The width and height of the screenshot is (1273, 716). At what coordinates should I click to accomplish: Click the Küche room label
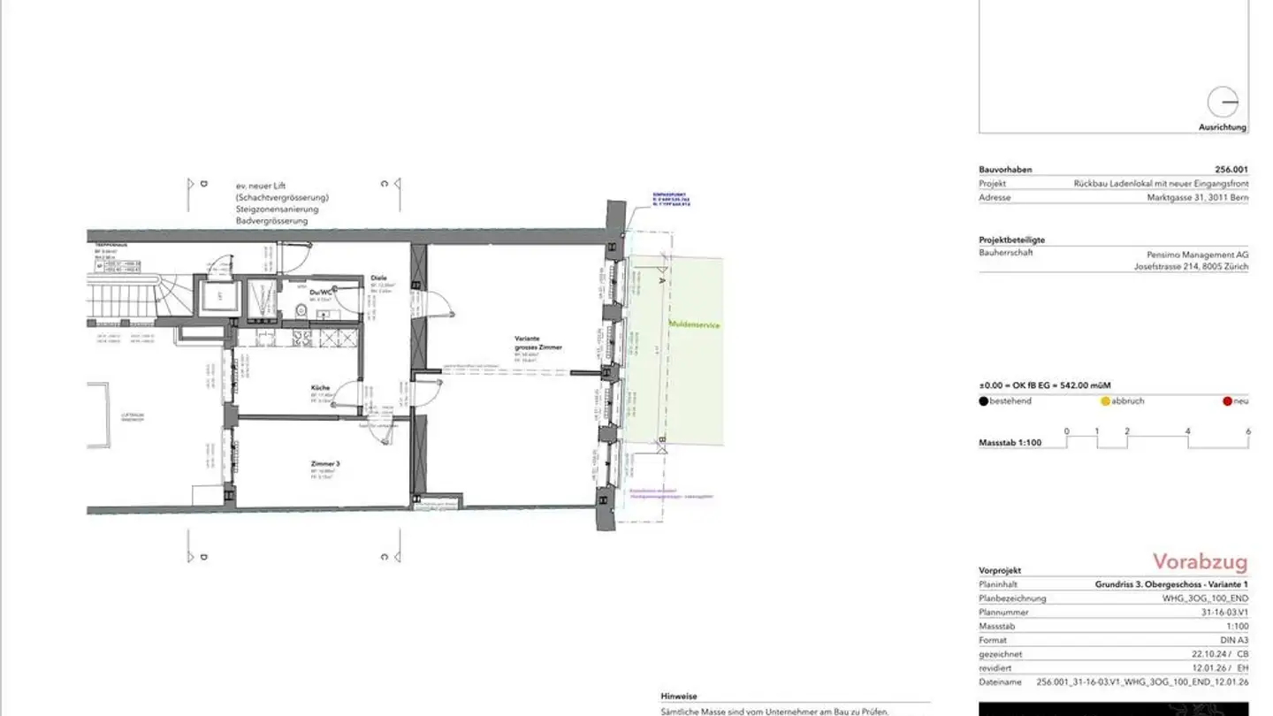click(320, 388)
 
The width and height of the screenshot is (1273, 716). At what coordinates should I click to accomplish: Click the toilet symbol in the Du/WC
click(301, 309)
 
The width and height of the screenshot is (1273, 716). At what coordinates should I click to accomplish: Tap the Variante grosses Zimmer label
click(538, 343)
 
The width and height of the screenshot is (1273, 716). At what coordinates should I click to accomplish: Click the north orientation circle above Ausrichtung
click(1223, 103)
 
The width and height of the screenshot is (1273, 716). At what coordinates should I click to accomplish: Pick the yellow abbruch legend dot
click(1105, 401)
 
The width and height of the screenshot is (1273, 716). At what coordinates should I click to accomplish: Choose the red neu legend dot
click(1227, 401)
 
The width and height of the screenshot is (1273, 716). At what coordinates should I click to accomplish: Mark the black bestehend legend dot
click(984, 401)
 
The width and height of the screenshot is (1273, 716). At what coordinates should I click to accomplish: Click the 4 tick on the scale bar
click(1187, 431)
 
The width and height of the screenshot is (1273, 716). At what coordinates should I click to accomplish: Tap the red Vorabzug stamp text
click(1200, 562)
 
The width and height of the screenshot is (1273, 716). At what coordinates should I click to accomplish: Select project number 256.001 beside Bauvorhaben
click(1231, 170)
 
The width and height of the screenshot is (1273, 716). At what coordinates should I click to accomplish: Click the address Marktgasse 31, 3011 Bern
click(1192, 198)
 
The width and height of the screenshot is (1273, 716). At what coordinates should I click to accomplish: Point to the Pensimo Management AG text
click(1192, 254)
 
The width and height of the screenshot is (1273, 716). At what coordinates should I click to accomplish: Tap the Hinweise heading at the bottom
click(678, 697)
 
